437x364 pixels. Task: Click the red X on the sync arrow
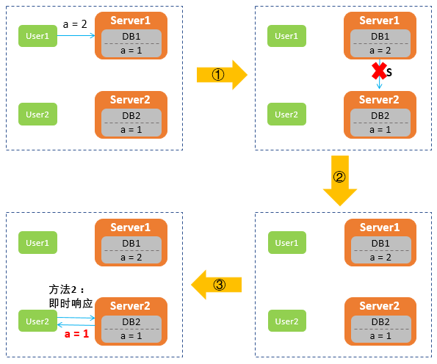(x=379, y=70)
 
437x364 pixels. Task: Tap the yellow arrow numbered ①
(x=222, y=75)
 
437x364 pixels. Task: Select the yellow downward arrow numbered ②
(x=340, y=181)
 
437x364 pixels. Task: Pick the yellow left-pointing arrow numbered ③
(x=216, y=285)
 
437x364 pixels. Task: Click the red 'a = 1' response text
(x=76, y=334)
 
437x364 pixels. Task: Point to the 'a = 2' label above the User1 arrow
(x=75, y=24)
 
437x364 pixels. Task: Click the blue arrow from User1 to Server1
(x=76, y=35)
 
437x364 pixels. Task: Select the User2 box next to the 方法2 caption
(x=37, y=321)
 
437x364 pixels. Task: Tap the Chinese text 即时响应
(x=71, y=303)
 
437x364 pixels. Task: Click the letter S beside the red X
(x=389, y=73)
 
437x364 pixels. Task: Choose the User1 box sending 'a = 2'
(x=37, y=36)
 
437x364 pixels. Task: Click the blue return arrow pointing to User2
(x=76, y=324)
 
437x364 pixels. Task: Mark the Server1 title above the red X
(x=379, y=21)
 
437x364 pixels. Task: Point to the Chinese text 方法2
(x=62, y=290)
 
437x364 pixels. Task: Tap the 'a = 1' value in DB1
(x=131, y=51)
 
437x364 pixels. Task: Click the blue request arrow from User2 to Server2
(x=76, y=318)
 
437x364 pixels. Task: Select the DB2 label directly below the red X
(x=380, y=115)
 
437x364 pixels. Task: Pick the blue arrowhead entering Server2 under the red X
(x=379, y=87)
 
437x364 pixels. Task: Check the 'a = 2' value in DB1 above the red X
(x=380, y=51)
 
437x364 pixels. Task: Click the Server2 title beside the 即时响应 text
(x=130, y=306)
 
